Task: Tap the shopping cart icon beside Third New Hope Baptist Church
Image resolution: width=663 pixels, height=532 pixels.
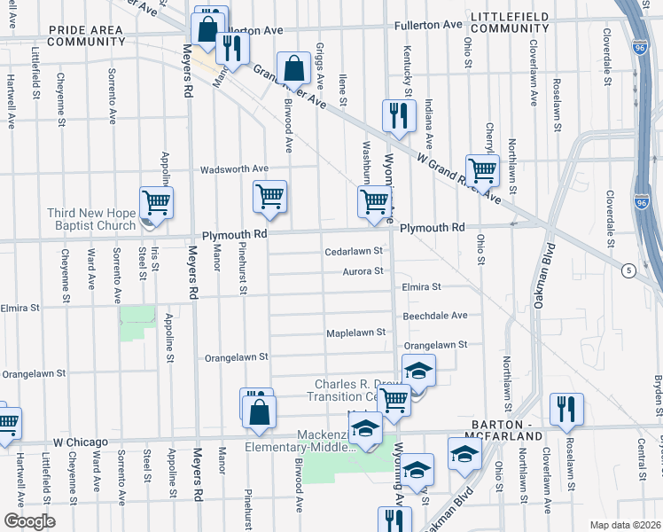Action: [157, 202]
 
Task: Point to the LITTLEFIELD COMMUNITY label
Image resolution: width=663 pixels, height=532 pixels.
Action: [511, 23]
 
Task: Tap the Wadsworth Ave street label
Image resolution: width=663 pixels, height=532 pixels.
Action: [234, 168]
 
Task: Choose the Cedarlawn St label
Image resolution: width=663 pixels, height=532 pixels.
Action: [353, 251]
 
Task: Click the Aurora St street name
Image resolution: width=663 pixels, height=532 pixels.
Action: [364, 271]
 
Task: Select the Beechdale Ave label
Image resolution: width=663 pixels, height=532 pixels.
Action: [435, 315]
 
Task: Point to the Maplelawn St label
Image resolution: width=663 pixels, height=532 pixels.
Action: [356, 332]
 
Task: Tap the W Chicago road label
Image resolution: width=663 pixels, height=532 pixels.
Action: [80, 442]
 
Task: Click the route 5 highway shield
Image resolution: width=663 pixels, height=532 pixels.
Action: [628, 271]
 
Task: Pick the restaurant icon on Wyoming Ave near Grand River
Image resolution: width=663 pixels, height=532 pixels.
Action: [399, 115]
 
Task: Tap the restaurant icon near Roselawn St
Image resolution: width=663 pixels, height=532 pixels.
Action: [565, 408]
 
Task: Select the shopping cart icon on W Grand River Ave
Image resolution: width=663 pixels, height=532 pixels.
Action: [481, 168]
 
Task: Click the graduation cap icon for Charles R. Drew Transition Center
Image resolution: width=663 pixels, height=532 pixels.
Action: [418, 369]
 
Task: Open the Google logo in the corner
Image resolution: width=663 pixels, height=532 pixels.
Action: [29, 521]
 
